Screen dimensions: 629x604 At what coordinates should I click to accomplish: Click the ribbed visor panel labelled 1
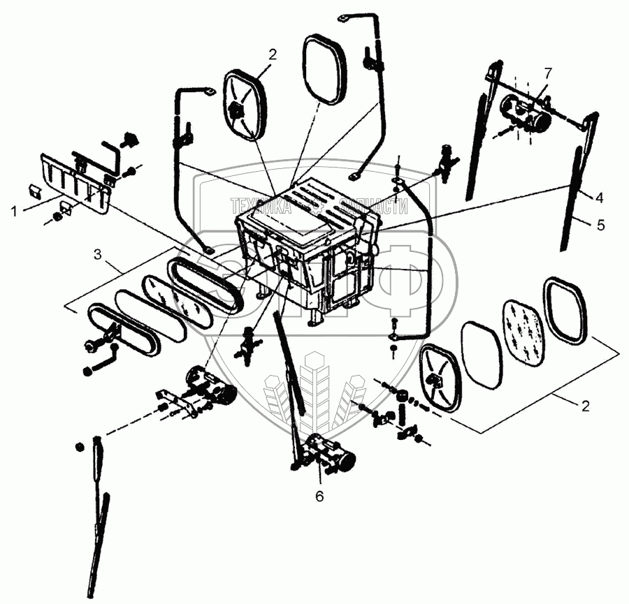[x=73, y=182]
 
